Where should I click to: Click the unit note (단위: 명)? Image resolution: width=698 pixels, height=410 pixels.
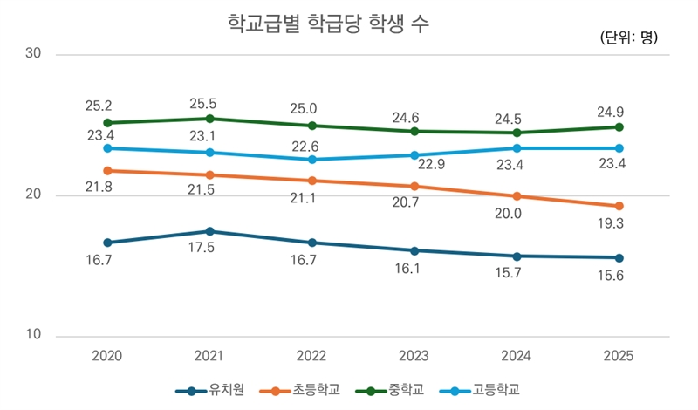tap(629, 38)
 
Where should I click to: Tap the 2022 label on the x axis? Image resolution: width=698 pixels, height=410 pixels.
tap(311, 356)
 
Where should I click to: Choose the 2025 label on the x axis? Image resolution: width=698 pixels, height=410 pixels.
tap(619, 356)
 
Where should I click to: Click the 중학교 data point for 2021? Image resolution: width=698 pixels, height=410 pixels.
tap(209, 119)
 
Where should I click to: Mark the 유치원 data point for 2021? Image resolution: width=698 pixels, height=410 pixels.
tap(209, 231)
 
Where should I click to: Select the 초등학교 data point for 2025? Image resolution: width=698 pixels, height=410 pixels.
tap(619, 206)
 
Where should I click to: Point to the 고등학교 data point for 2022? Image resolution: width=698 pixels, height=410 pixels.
tap(311, 160)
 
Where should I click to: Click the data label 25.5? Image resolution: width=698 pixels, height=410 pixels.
tap(209, 103)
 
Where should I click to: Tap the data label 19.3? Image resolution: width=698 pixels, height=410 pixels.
tap(619, 225)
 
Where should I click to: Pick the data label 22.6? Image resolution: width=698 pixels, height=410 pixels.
tap(311, 144)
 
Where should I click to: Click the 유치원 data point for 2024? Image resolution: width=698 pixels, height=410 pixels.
tap(517, 256)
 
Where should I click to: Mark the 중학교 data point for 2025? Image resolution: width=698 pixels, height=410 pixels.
tap(619, 127)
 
